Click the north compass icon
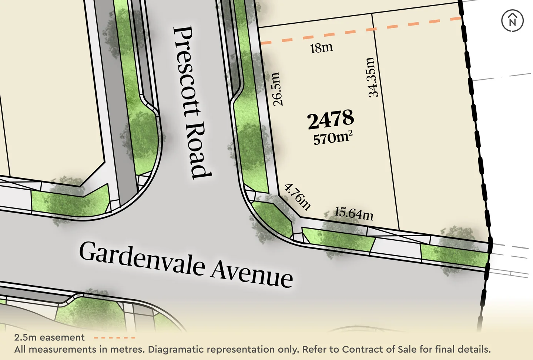(512, 20)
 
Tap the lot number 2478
(331, 119)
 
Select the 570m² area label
(332, 138)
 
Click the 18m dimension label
(321, 48)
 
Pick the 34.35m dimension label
(373, 77)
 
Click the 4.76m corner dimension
(297, 196)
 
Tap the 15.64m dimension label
(353, 213)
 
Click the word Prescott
(187, 70)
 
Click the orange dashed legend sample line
(114, 338)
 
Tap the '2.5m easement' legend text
(49, 338)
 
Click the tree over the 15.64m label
(339, 233)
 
